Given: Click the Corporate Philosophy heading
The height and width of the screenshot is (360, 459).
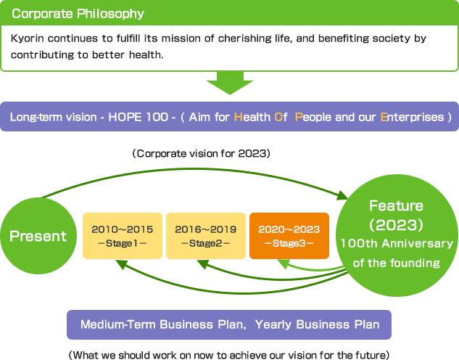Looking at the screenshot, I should coord(78,14).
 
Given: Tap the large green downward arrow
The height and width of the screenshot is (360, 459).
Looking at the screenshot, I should coord(229,85).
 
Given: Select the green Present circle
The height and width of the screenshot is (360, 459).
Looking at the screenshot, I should coord(38,236).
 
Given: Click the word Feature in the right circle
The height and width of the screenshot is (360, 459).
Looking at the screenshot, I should coord(396,206).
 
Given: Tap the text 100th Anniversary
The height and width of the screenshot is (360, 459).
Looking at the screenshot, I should coord(397,244).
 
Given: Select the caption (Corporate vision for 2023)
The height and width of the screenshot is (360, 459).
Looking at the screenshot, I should coord(201,154).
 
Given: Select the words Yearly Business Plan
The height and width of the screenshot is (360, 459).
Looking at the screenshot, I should coord(318,325).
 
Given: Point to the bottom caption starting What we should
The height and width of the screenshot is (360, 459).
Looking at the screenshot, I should coord(229,354).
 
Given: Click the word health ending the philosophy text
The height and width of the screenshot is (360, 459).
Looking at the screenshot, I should coord(150,54).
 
